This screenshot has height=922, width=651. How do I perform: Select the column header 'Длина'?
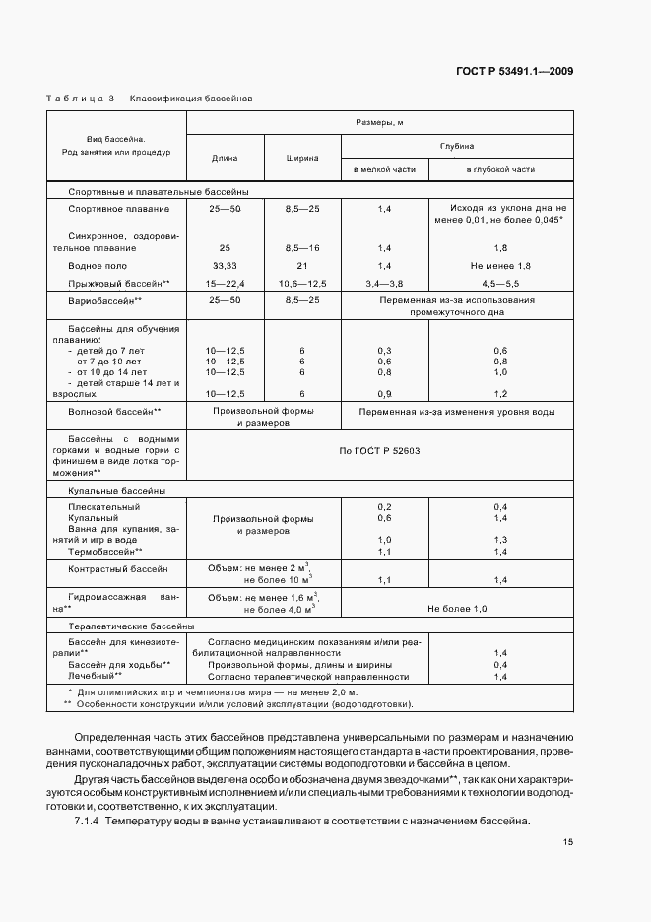(x=225, y=157)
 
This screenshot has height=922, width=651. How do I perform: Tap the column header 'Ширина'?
(x=301, y=157)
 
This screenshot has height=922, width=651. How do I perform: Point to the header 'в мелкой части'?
(x=384, y=169)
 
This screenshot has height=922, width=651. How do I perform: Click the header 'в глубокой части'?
(x=500, y=169)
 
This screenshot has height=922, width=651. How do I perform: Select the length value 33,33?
(x=225, y=266)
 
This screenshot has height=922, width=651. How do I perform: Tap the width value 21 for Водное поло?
(x=301, y=266)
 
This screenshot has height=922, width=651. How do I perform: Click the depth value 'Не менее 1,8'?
(x=500, y=266)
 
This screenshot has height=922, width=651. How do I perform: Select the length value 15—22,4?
(x=225, y=283)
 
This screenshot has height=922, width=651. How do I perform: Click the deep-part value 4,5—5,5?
(x=500, y=283)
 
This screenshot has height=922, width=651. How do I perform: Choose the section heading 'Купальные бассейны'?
(x=116, y=490)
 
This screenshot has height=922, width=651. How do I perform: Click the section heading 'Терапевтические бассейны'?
(x=130, y=626)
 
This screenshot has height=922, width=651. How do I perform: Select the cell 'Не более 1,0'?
(x=457, y=609)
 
